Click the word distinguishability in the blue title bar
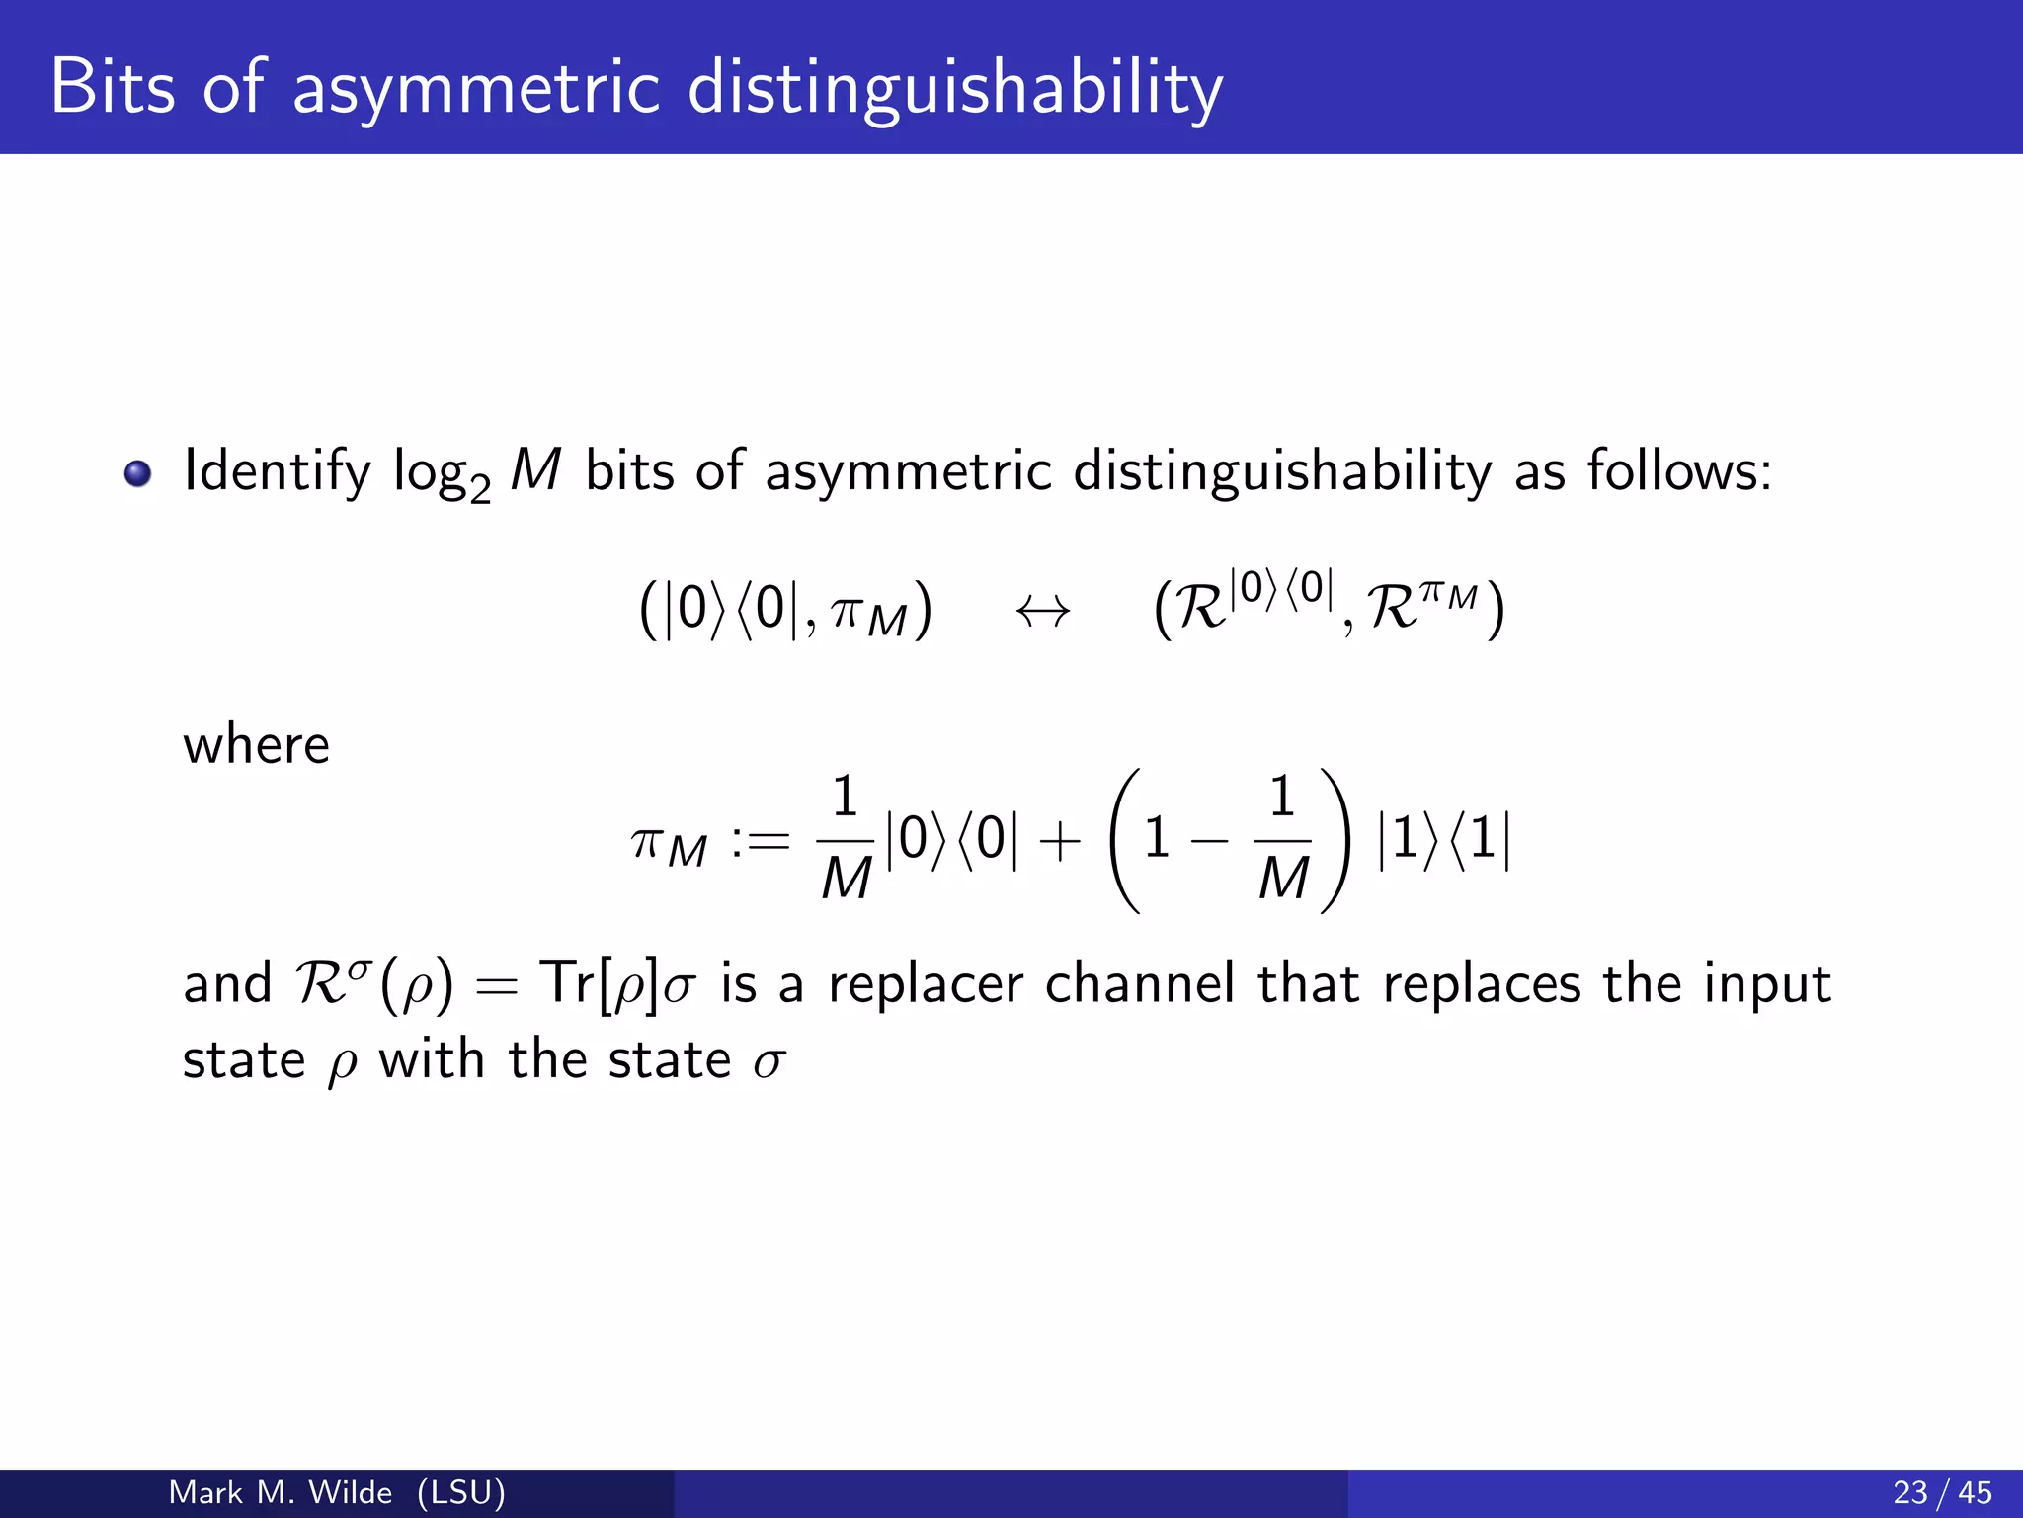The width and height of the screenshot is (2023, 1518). pos(954,89)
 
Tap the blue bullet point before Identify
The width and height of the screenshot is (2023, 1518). pos(137,473)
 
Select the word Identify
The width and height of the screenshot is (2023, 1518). pos(277,471)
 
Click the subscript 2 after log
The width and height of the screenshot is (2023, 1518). pos(480,489)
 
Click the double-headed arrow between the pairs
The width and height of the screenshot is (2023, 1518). pos(1043,612)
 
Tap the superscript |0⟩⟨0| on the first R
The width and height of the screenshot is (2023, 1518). pos(1281,589)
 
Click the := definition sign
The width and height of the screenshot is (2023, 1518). pos(761,842)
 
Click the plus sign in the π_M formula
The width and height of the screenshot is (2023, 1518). pos(1060,843)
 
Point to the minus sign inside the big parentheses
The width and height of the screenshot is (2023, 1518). pos(1209,842)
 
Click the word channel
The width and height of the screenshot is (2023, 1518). pos(1139,983)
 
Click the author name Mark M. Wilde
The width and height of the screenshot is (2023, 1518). pos(281,1492)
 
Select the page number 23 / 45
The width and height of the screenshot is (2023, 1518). pos(1942,1492)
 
